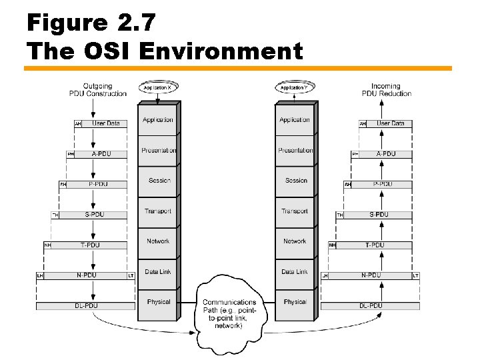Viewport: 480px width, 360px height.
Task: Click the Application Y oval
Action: [x=295, y=87]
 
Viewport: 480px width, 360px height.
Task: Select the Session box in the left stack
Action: [x=158, y=181]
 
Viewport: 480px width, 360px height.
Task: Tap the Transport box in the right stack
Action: [x=295, y=211]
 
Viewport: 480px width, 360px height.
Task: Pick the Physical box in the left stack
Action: [x=158, y=302]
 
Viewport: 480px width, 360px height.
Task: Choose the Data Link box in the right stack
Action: [x=295, y=271]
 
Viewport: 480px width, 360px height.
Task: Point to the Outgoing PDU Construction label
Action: [x=98, y=89]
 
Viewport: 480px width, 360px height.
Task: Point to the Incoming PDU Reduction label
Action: [x=386, y=89]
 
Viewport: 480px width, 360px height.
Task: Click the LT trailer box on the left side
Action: [x=130, y=275]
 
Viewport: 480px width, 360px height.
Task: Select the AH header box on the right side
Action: [x=363, y=123]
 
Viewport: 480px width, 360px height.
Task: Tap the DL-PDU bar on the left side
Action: [x=82, y=306]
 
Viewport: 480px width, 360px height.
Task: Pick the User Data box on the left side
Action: [x=105, y=123]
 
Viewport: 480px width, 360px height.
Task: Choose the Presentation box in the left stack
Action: [x=158, y=151]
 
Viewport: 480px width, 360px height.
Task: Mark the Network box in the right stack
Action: [x=295, y=241]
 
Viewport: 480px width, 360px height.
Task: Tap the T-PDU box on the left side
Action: [x=89, y=245]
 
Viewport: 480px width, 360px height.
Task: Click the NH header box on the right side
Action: [x=332, y=245]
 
